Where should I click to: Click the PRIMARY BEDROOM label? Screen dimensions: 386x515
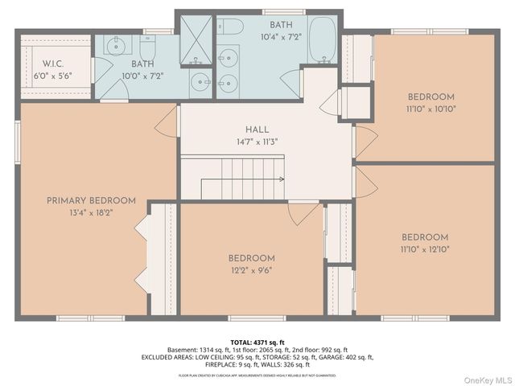pos(90,200)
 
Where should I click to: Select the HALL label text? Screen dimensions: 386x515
pos(257,129)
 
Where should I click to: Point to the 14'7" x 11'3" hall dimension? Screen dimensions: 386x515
pos(257,142)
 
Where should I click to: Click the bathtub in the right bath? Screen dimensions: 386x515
pos(324,41)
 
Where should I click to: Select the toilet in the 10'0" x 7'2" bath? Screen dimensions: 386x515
pos(149,46)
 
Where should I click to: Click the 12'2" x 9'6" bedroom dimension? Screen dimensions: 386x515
pos(250,270)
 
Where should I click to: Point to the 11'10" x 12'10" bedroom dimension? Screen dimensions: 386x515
pos(424,249)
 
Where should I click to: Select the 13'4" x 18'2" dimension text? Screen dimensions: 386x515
pos(90,212)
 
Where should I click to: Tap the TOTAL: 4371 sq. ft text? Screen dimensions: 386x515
pos(257,342)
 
